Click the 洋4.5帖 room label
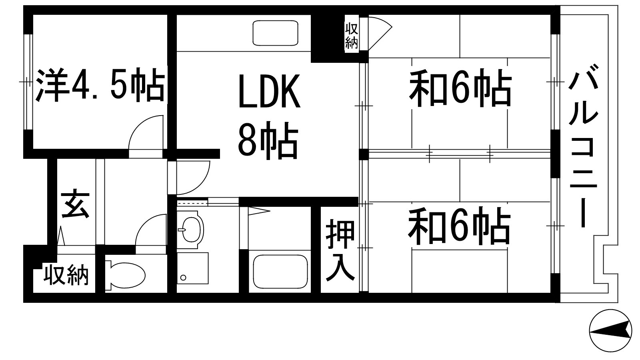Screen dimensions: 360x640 click(x=100, y=85)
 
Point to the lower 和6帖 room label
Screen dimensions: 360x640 click(x=459, y=226)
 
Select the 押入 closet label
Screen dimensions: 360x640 click(x=340, y=250)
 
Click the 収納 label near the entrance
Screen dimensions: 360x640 click(x=66, y=275)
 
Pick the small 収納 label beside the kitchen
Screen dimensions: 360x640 click(x=352, y=36)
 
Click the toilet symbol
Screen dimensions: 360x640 click(x=125, y=274)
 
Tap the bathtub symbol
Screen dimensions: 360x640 click(x=280, y=272)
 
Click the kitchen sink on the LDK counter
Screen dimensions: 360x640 click(x=276, y=33)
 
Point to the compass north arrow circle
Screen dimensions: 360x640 click(x=610, y=330)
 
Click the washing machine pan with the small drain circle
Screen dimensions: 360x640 click(x=192, y=268)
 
